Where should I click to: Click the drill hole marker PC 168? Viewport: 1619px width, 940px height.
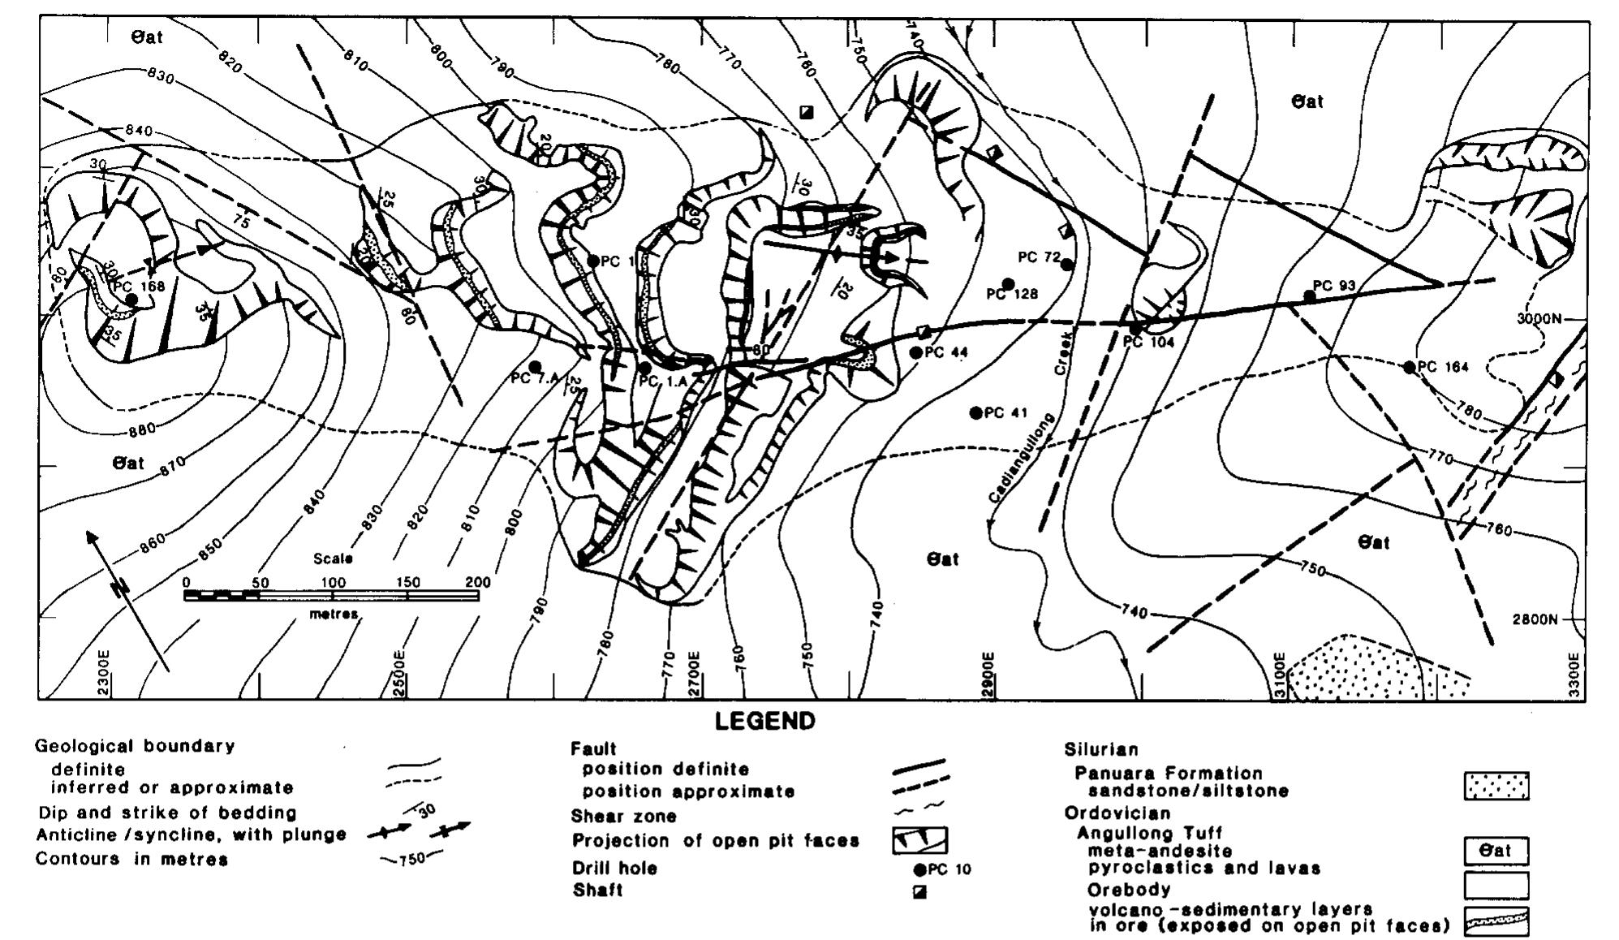click(x=131, y=300)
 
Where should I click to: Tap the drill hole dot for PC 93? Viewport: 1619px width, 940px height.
click(x=1309, y=296)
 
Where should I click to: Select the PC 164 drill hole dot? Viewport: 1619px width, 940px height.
click(x=1410, y=368)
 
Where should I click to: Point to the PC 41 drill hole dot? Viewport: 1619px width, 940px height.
click(x=975, y=413)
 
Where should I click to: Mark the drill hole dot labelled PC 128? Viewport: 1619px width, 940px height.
click(x=1009, y=283)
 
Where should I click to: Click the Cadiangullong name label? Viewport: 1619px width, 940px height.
click(x=1022, y=459)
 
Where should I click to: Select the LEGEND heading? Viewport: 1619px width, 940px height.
click(x=764, y=722)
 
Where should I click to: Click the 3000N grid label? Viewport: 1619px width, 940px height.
click(x=1539, y=318)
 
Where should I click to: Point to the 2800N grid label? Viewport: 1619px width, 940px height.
click(x=1535, y=619)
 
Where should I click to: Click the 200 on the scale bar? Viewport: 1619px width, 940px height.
click(x=478, y=582)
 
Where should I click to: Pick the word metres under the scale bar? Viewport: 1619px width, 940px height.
click(x=334, y=614)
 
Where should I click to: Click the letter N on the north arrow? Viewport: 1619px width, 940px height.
click(x=121, y=588)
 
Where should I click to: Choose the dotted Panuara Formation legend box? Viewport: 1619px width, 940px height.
click(x=1496, y=786)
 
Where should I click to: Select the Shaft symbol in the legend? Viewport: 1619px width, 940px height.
click(x=919, y=892)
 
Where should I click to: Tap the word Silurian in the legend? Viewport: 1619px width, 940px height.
click(x=1100, y=749)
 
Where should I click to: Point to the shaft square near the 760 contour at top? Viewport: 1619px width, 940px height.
click(x=806, y=111)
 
